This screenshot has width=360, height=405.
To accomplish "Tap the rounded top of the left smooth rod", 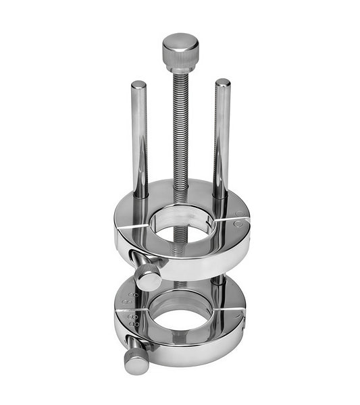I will coord(138,85).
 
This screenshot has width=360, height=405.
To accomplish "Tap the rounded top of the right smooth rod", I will coord(222,83).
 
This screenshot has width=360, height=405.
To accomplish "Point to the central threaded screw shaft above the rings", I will coord(180,135).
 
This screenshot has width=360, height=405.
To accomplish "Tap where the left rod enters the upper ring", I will coord(140,197).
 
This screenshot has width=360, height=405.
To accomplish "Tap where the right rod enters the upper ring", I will coord(221,196).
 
